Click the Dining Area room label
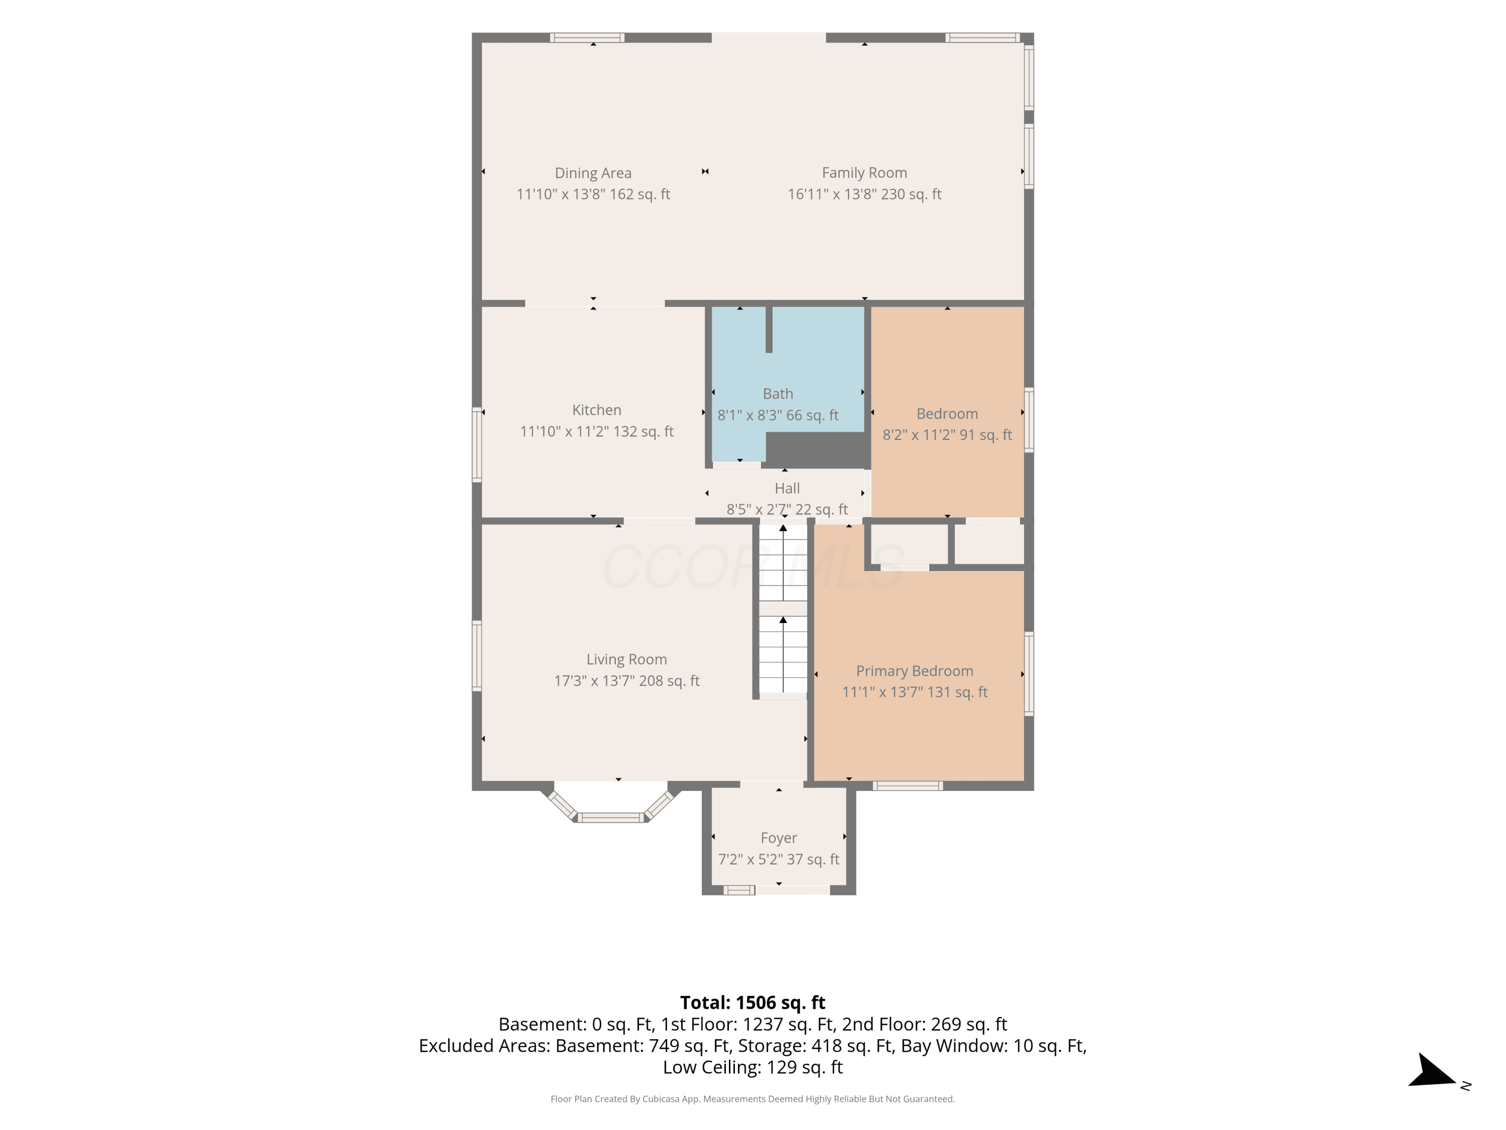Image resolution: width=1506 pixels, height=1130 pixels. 593,173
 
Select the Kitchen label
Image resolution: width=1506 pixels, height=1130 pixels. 596,410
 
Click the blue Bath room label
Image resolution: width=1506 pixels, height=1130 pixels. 778,394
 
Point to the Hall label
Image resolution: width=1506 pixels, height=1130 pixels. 787,488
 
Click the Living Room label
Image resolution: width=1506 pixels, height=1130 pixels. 626,659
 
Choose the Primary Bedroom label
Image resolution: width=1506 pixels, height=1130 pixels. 914,671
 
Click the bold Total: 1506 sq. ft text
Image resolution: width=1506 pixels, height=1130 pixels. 752,1002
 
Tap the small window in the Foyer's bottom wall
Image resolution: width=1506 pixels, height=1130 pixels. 739,889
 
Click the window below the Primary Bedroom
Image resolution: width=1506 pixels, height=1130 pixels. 908,786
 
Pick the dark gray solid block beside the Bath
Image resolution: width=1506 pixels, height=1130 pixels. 818,450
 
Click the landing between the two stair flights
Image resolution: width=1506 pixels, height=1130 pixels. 783,609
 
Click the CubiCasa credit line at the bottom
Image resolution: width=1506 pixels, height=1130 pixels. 752,1099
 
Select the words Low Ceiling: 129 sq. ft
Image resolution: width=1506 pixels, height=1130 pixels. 752,1067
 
